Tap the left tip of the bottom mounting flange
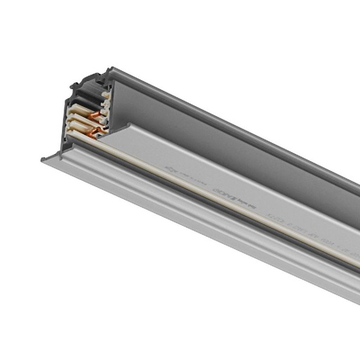(x=44, y=161)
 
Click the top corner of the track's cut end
(x=109, y=69)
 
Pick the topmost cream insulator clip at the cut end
(x=105, y=92)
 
